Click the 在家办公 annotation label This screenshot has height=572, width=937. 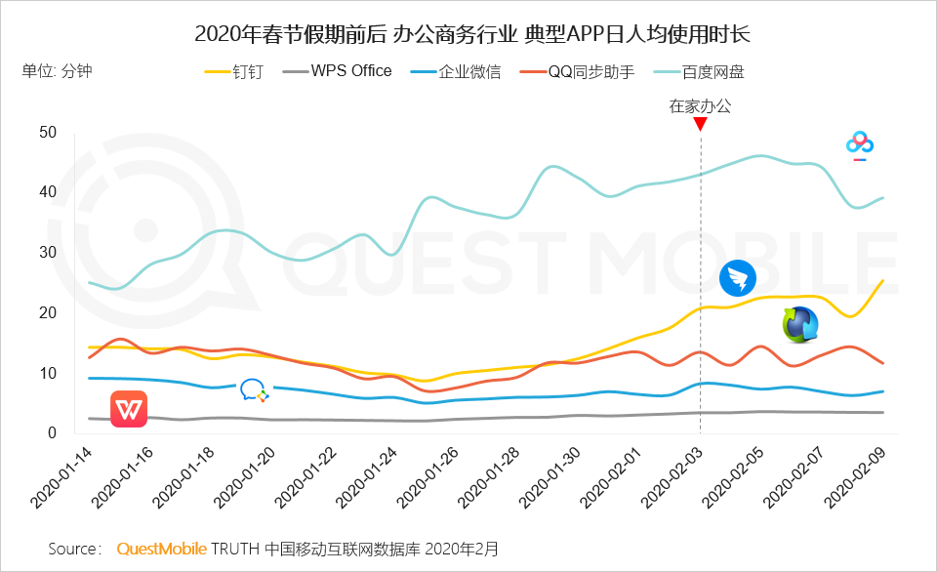click(700, 106)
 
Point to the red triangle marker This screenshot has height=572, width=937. click(701, 124)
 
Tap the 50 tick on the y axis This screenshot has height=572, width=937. click(48, 132)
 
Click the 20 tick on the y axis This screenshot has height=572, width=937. click(48, 312)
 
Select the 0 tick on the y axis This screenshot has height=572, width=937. click(53, 433)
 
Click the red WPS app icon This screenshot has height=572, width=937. click(129, 409)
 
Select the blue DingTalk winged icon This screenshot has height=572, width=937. click(738, 279)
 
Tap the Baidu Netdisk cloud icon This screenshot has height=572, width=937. click(859, 145)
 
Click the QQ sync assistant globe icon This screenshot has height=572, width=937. click(800, 324)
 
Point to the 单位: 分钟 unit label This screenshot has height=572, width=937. click(57, 71)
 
